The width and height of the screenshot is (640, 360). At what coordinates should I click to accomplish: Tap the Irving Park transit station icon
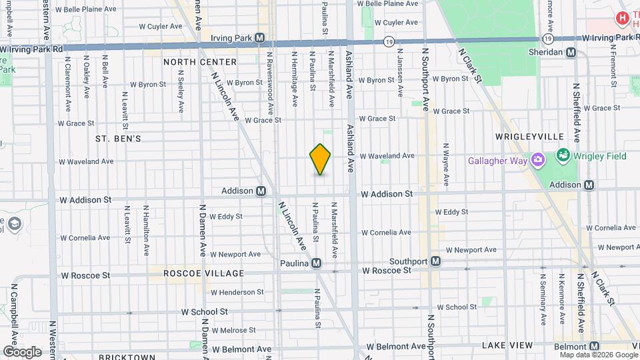[x=260, y=38]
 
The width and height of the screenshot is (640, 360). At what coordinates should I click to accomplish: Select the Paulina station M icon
[x=317, y=263]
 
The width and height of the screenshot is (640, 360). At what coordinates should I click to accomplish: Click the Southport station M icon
[x=436, y=261]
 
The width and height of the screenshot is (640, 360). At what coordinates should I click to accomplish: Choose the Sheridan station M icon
[x=571, y=52]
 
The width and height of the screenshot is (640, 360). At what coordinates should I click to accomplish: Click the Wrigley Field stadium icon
[x=562, y=156]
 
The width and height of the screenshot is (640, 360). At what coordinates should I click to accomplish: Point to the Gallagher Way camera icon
[x=537, y=160]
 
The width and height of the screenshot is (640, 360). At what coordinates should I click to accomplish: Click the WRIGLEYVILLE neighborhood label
[x=531, y=136]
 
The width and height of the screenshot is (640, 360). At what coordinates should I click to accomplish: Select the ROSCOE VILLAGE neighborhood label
[x=197, y=273]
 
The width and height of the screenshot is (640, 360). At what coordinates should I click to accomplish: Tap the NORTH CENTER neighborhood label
[x=200, y=62]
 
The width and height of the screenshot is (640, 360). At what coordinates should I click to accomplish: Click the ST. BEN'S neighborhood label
[x=118, y=139]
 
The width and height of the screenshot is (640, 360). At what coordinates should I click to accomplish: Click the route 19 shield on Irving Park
[x=389, y=41]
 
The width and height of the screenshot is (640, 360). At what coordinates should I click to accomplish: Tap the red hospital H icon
[x=622, y=19]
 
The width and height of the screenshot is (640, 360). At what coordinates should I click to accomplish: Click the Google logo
[x=23, y=351]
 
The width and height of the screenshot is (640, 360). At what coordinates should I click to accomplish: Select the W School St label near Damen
[x=205, y=311]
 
